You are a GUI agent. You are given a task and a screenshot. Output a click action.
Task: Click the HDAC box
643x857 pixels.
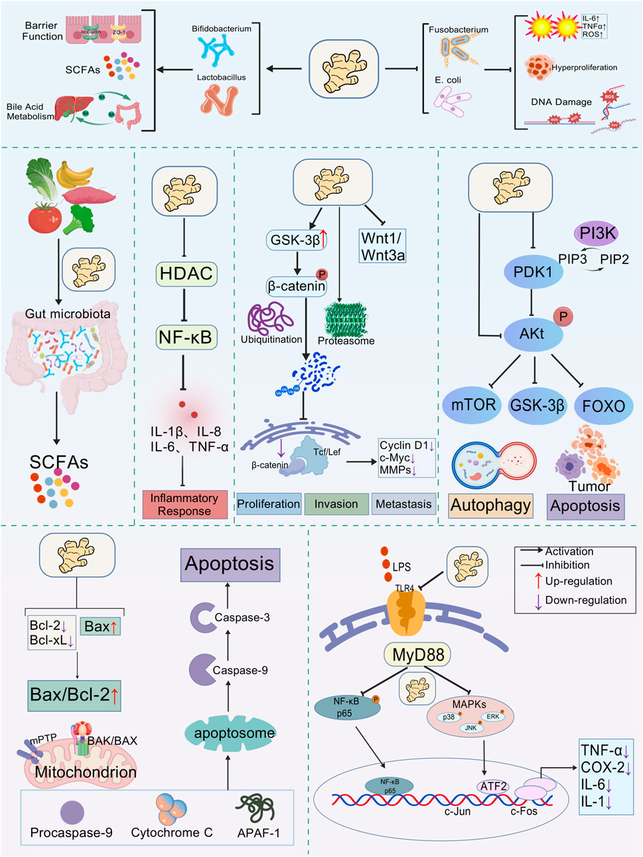coord(186,273)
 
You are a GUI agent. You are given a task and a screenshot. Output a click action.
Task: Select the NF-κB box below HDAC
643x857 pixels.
coord(185,337)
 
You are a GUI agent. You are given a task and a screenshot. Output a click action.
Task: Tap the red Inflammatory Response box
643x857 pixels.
coord(184,505)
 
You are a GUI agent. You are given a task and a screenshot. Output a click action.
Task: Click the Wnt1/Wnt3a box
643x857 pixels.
coord(382,247)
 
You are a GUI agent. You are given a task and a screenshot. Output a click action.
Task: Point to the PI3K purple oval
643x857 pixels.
coord(597,233)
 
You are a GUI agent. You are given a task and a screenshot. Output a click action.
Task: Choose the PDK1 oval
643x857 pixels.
coord(533,272)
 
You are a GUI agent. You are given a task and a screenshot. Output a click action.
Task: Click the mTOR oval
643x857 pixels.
coord(473,405)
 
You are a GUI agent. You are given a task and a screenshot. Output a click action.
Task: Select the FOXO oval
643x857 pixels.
coord(603,406)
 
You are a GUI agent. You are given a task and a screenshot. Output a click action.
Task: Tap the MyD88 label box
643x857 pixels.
coord(417,655)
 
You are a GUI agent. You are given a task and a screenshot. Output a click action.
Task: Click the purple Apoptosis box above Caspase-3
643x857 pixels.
coord(230,564)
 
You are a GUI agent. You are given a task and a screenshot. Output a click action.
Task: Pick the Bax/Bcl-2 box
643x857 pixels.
coord(74,695)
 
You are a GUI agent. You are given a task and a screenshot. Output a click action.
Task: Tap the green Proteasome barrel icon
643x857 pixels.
coord(345,319)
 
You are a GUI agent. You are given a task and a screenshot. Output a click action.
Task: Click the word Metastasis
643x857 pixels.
coord(403,505)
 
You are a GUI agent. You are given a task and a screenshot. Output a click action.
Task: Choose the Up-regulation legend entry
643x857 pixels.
coord(578,582)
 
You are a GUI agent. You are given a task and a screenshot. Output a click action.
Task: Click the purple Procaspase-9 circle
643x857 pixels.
coord(72,813)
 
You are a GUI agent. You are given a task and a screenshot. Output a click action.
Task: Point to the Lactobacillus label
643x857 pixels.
coord(221,78)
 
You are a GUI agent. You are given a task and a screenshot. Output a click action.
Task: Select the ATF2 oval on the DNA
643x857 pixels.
coord(493,787)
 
